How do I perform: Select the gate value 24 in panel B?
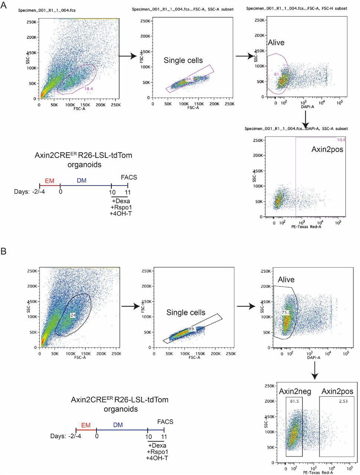click(x=73, y=315)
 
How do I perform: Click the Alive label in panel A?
click(x=276, y=43)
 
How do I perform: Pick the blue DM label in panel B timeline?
click(x=118, y=425)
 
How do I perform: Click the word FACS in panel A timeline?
click(x=129, y=177)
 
